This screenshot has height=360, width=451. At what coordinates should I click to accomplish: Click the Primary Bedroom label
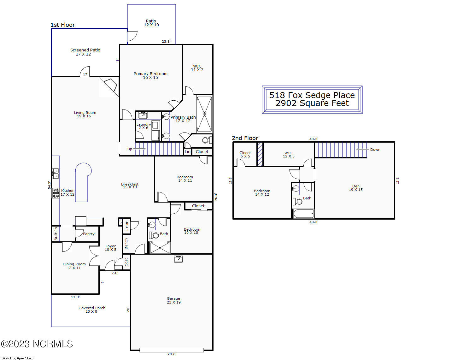tap(150, 75)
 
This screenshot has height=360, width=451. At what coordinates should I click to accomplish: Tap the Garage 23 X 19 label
tap(173, 300)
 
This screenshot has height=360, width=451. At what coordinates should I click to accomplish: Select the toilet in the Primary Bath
tap(207, 140)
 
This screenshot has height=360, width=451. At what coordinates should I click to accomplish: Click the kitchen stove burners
tap(56, 193)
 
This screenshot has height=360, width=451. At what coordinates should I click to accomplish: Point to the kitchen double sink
tap(56, 174)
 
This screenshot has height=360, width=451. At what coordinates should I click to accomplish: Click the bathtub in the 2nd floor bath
tap(303, 214)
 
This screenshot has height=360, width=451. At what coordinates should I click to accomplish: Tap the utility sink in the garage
tap(178, 259)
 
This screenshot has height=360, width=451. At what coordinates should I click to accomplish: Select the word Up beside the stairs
tap(130, 149)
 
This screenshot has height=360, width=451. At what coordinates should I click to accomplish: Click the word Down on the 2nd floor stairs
tap(375, 150)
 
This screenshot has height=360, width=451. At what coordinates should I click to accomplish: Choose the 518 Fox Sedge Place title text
tap(312, 95)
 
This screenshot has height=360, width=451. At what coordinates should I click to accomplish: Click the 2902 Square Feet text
tap(312, 103)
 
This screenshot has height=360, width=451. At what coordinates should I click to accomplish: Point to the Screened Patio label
tap(85, 52)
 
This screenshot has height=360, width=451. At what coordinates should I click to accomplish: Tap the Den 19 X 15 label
tap(356, 188)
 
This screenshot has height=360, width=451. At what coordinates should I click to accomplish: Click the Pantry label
tap(89, 234)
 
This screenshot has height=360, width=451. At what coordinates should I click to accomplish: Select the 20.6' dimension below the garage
tap(172, 354)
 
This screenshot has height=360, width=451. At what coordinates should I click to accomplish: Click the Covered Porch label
tap(92, 310)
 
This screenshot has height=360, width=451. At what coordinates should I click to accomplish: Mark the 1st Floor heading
tap(63, 25)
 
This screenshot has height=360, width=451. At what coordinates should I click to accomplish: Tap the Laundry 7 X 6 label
tap(143, 126)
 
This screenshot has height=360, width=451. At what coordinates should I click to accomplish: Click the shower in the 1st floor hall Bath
tap(160, 248)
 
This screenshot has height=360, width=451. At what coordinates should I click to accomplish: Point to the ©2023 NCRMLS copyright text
tap(37, 344)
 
